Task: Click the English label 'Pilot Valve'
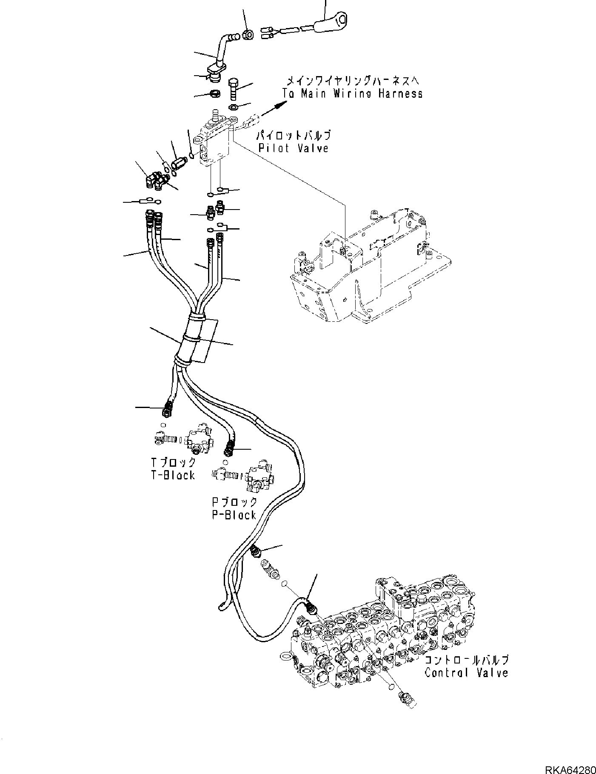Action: click(x=294, y=148)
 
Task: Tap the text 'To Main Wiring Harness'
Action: click(x=353, y=94)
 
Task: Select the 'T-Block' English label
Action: click(x=173, y=475)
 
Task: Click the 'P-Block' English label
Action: click(x=234, y=515)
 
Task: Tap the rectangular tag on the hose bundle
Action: click(x=204, y=342)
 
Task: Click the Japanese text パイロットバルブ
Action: click(x=293, y=136)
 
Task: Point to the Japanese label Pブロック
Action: click(x=234, y=502)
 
